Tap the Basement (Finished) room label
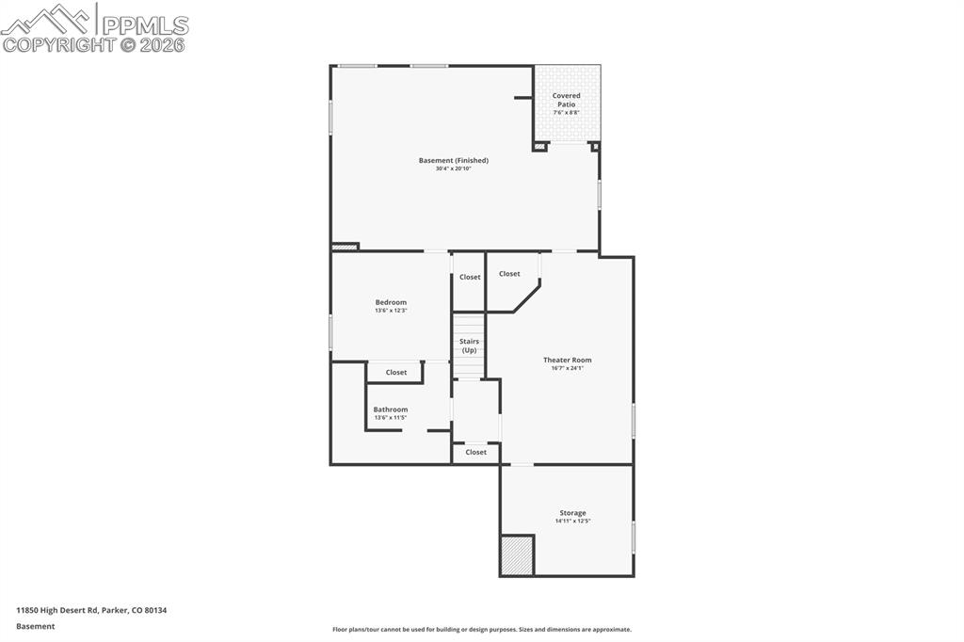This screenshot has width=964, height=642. pyautogui.click(x=454, y=161)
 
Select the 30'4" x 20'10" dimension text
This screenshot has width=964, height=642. pyautogui.click(x=454, y=169)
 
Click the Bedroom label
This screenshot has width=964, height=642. pyautogui.click(x=391, y=302)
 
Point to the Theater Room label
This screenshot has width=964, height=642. pyautogui.click(x=567, y=360)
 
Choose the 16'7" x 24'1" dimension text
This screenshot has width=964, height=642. pyautogui.click(x=567, y=368)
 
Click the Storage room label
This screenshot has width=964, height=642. pyautogui.click(x=572, y=513)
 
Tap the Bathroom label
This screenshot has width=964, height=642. pyautogui.click(x=390, y=409)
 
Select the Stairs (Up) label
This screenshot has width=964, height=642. pyautogui.click(x=469, y=345)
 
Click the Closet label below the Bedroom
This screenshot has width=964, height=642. pyautogui.click(x=396, y=373)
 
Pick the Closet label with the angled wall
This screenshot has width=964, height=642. pyautogui.click(x=509, y=274)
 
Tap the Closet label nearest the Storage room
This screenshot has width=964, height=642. pyautogui.click(x=476, y=453)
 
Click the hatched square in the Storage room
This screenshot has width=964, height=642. pyautogui.click(x=517, y=555)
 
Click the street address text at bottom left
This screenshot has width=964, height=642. pyautogui.click(x=91, y=610)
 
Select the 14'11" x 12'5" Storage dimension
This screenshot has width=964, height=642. pyautogui.click(x=572, y=522)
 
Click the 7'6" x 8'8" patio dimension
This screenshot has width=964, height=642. pyautogui.click(x=566, y=112)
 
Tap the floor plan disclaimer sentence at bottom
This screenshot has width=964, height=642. pyautogui.click(x=481, y=630)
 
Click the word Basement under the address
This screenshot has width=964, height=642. pyautogui.click(x=36, y=626)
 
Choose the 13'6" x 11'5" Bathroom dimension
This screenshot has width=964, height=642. pyautogui.click(x=390, y=418)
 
